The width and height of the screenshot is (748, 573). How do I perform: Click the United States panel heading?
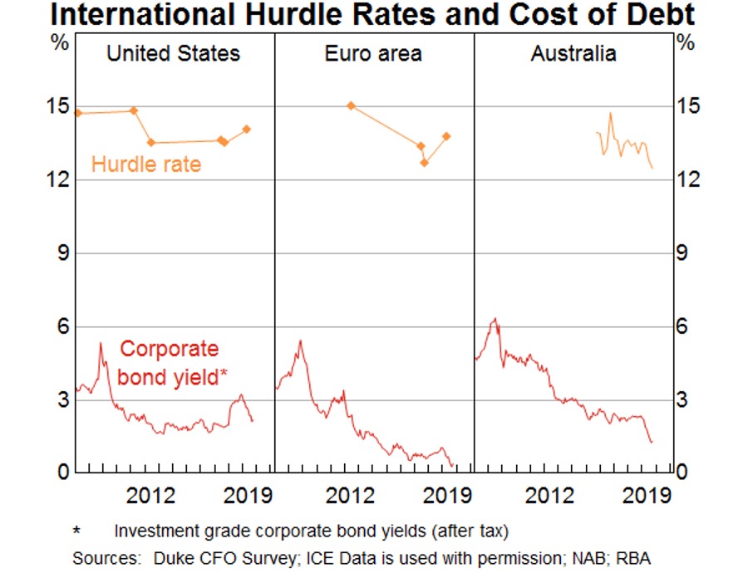[173, 55]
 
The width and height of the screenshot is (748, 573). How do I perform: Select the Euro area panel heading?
[373, 55]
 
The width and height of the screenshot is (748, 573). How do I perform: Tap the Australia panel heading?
[573, 55]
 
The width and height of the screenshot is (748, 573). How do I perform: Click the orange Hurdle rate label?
[146, 164]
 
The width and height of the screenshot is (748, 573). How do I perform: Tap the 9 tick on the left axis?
[61, 253]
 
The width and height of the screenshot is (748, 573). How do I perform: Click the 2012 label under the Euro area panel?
[350, 496]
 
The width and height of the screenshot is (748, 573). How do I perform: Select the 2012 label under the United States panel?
[150, 496]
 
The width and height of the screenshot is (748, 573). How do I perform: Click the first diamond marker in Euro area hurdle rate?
[351, 105]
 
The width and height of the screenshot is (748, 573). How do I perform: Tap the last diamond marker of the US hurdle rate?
[247, 129]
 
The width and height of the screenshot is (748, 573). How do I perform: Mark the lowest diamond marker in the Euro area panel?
[424, 163]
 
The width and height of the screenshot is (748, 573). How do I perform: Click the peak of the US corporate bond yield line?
[101, 343]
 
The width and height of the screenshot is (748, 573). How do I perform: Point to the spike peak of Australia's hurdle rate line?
[611, 113]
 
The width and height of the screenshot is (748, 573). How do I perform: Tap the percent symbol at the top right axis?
[686, 43]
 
